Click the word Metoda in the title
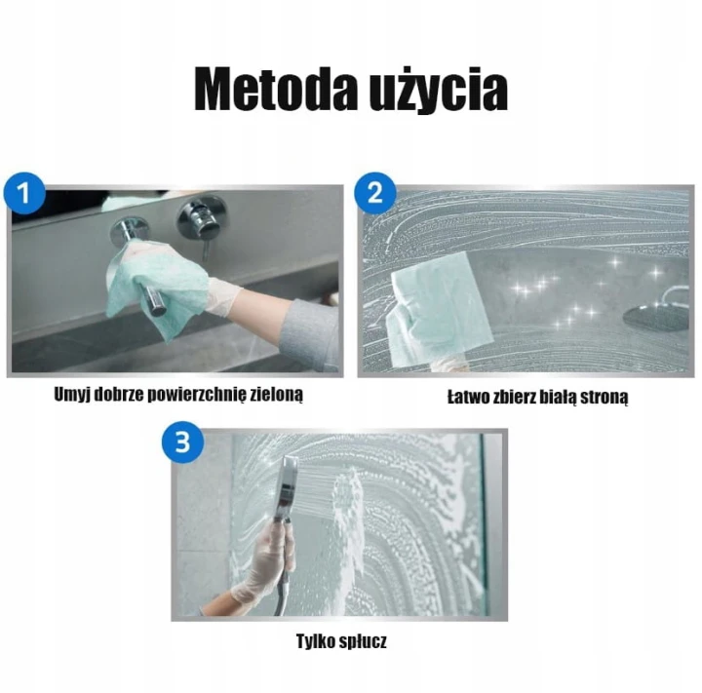coord(273,89)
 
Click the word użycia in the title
coord(438,91)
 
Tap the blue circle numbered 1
coord(24,193)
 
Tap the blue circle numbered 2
coord(375,193)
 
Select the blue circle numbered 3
coord(182,443)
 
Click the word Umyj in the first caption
coord(69,395)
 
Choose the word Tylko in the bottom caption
coord(313,641)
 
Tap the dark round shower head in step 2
coord(656,318)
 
